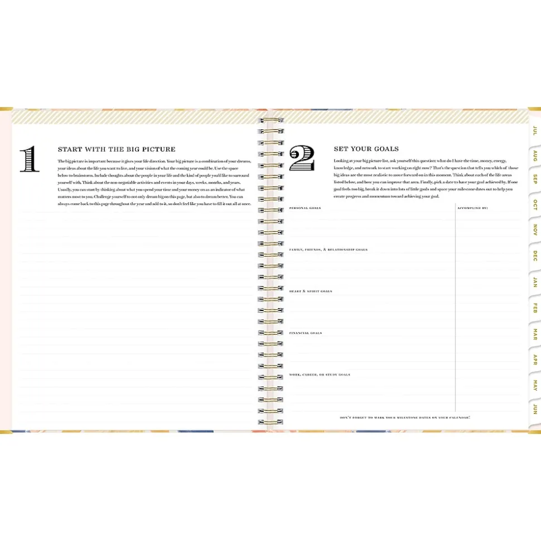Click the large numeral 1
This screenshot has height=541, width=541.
30,159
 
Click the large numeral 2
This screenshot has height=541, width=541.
302,159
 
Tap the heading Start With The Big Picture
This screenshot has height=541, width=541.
117,149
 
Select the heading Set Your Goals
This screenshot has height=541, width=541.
366,149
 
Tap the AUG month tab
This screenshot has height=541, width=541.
534,155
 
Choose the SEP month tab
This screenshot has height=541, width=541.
534,179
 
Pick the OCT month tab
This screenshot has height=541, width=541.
534,204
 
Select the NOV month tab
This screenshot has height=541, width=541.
534,230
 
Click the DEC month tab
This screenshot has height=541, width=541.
534,256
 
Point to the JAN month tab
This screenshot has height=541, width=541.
534,282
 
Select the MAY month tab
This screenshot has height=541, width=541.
534,385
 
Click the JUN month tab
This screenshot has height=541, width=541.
534,409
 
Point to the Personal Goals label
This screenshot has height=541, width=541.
301,208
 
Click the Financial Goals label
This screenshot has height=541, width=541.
305,333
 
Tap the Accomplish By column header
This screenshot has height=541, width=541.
472,208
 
